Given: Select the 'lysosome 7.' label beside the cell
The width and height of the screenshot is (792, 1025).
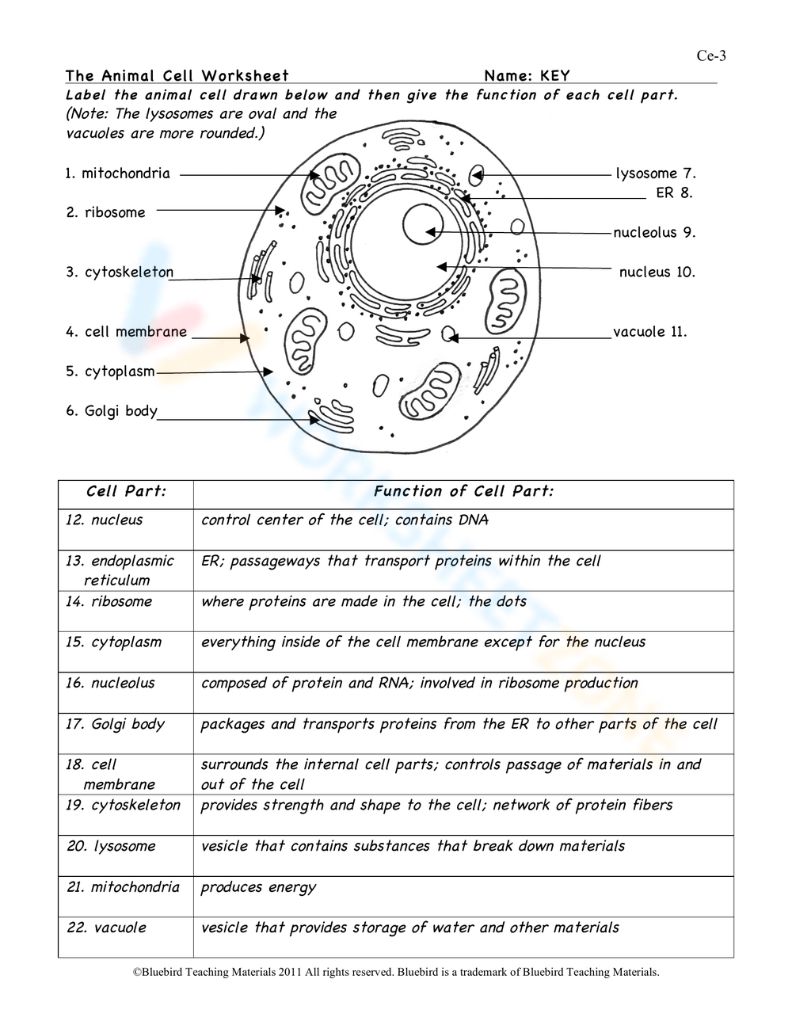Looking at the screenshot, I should (656, 173).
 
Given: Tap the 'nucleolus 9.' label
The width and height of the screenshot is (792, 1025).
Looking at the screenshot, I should (654, 233).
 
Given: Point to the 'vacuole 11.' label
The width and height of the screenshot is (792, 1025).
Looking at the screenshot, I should (649, 332).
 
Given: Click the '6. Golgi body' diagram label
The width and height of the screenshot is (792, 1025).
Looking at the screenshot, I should (112, 411).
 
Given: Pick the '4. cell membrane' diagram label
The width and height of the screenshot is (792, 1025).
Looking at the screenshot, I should (127, 332).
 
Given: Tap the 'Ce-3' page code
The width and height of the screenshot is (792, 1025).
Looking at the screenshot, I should (710, 55).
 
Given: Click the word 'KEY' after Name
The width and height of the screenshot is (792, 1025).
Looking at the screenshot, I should (555, 76).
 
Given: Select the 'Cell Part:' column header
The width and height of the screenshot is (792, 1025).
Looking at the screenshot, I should (126, 492).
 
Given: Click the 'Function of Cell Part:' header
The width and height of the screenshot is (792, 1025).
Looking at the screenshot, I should (463, 492).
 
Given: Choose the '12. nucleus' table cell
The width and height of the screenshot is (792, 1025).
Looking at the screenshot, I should (105, 520).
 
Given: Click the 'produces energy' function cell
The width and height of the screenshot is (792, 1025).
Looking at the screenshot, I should (258, 887).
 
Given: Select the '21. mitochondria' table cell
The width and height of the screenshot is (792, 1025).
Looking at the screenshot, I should (123, 887).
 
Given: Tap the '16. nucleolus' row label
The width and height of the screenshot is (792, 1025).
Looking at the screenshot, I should (110, 684).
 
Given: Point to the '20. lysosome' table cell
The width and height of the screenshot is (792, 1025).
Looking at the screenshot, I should (111, 847).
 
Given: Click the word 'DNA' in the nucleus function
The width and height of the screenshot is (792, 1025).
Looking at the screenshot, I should (473, 520).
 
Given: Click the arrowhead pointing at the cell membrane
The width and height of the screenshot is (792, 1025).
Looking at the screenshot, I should (246, 337).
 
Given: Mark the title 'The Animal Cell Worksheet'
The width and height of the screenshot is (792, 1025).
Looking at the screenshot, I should (177, 76).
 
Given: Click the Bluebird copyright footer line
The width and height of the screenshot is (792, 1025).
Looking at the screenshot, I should (395, 972).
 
